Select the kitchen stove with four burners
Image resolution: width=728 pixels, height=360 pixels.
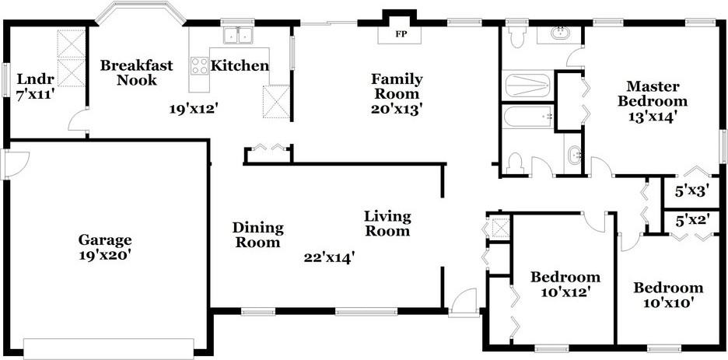pos(199,66)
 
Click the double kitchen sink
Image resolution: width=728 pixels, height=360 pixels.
pos(239,35)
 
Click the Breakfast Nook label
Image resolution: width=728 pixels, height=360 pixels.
pos(136,72)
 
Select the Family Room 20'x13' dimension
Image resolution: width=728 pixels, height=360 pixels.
pos(397,109)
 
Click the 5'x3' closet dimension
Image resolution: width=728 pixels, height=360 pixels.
pos(691,190)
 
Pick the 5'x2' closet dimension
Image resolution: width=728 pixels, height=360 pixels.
pos(691,219)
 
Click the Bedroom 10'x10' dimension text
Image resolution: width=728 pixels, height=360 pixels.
pos(668,302)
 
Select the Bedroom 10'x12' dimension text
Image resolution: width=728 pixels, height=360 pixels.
pos(565,292)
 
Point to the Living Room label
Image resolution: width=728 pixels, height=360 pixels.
pos(387,223)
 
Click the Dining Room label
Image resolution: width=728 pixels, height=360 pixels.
pos(258,235)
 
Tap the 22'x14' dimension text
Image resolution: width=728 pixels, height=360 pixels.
pos(329,257)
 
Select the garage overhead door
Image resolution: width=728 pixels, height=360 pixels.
pos(109,348)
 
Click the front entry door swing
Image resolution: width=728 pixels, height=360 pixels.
pos(465,302)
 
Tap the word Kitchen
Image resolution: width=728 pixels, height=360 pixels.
pos(240,66)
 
